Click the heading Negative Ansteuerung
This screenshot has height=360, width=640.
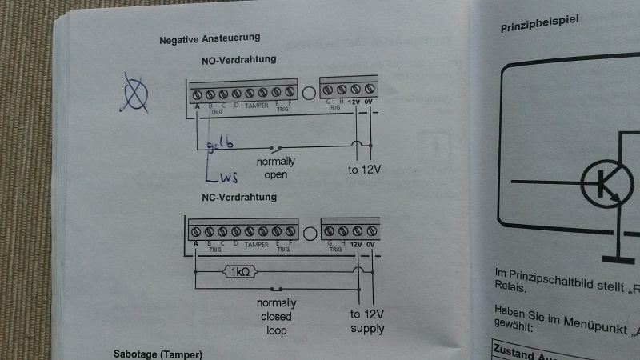click(209, 39)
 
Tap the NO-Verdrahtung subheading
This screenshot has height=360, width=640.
click(239, 60)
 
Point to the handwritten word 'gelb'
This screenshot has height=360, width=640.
click(220, 145)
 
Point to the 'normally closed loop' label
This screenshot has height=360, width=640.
click(276, 316)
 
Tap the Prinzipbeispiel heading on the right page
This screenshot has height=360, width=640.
click(540, 26)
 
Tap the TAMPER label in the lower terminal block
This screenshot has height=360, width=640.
click(257, 243)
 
